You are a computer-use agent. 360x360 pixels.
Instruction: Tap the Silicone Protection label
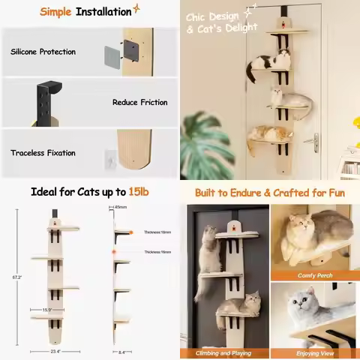43,52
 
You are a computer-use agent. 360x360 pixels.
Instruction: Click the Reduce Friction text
139,102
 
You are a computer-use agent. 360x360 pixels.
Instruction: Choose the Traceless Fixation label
43,153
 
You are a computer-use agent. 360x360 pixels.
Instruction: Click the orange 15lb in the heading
138,192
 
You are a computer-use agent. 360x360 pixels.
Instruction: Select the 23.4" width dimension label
55,351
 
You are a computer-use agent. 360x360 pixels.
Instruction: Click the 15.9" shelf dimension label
46,309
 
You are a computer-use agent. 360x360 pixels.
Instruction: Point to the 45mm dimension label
121,206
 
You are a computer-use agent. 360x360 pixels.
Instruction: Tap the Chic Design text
211,16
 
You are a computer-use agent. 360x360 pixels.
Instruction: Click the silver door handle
317,140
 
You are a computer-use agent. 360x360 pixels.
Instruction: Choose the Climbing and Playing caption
223,352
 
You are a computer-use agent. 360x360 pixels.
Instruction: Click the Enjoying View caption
314,352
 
